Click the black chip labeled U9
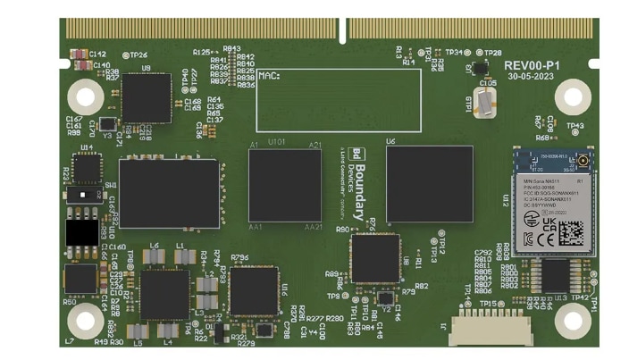(146, 97)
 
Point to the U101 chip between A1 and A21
(285, 185)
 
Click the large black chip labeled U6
(429, 183)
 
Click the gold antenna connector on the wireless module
(581, 162)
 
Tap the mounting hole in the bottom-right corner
(571, 320)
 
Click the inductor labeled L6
(155, 257)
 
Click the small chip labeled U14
(87, 169)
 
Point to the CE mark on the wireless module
(529, 239)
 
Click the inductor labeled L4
(166, 331)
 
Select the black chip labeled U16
(253, 290)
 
